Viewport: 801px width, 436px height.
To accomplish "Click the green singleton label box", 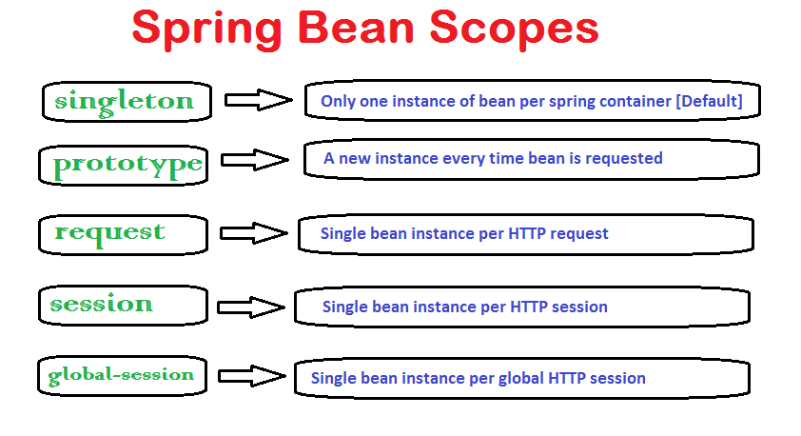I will coord(124,101).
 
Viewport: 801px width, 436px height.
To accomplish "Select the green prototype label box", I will coord(127,164).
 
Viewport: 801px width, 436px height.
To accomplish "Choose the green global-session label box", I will coord(121,374).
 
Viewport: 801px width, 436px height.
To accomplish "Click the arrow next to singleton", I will coord(258,99).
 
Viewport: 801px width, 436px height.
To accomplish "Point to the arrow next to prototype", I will coord(254,160).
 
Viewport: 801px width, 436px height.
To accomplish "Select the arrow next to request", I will coord(253,233).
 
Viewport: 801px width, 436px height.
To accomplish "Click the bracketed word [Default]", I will coord(708,101).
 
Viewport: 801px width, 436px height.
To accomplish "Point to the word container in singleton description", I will coord(637,101).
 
